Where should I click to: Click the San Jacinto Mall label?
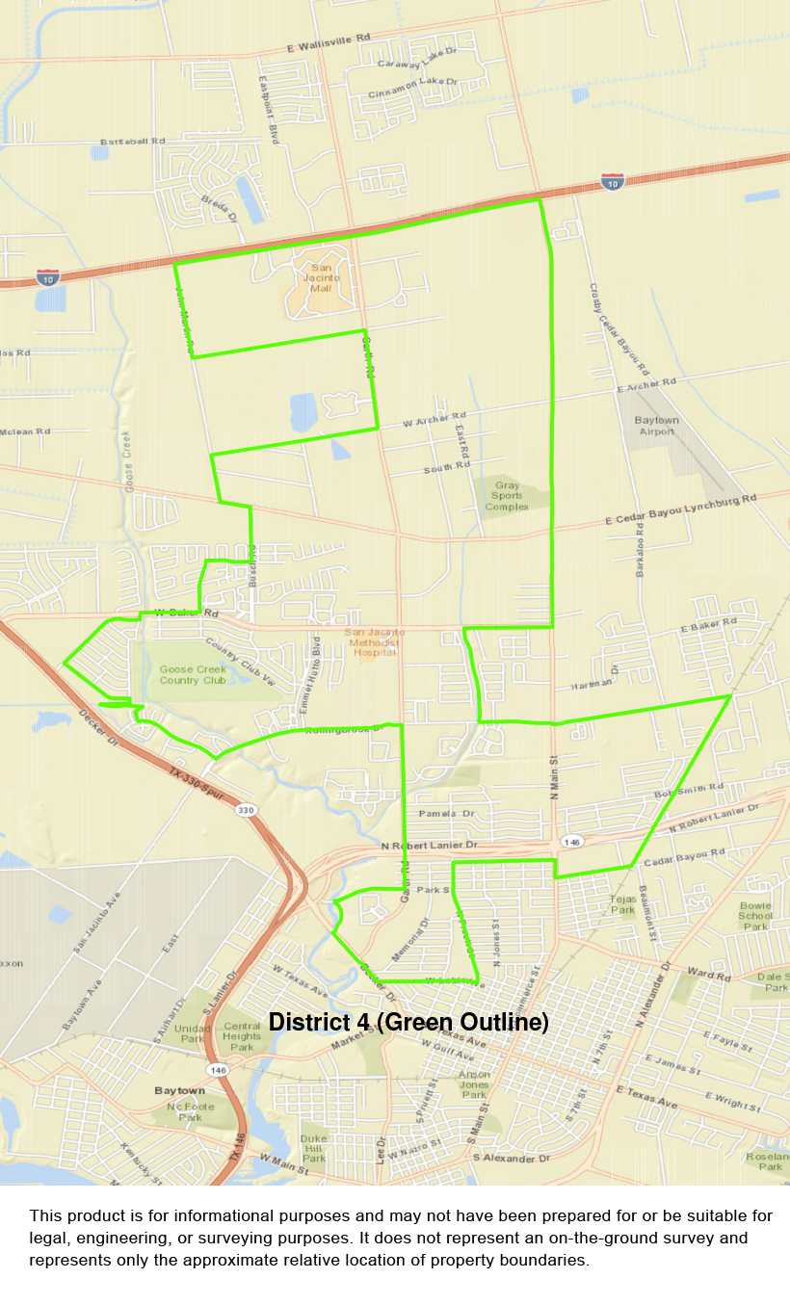click(321, 278)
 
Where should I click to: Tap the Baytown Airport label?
click(656, 426)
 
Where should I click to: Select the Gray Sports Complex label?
click(507, 496)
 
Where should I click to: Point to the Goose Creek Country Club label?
click(193, 674)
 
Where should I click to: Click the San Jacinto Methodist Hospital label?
click(373, 641)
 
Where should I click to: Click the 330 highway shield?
click(246, 810)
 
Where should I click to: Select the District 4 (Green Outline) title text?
click(408, 1022)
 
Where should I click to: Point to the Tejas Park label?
click(623, 904)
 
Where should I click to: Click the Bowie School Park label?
click(756, 916)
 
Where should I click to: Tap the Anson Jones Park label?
click(474, 1084)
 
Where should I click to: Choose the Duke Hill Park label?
click(314, 1146)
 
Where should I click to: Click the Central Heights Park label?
click(242, 1036)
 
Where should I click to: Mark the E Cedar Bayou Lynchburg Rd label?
click(681, 508)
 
